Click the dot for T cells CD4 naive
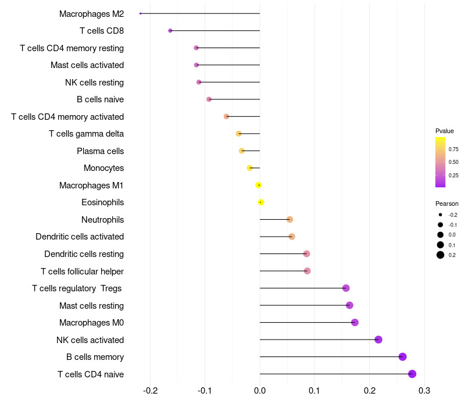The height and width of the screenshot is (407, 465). tap(412, 374)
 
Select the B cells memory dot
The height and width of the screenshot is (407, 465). tap(402, 357)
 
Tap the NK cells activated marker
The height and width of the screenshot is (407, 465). tap(378, 340)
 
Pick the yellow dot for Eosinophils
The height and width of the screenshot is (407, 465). tap(261, 202)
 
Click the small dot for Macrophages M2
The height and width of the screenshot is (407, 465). tap(141, 13)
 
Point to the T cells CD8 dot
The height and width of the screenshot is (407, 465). tap(170, 30)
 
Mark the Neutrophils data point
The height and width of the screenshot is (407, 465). tap(289, 219)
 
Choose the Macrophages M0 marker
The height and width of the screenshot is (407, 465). tap(355, 323)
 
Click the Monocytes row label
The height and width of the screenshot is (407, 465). tap(103, 168)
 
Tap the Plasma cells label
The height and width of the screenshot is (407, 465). tap(100, 151)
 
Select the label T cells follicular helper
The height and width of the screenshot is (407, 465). tap(82, 271)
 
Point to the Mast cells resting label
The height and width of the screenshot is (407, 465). tap(91, 305)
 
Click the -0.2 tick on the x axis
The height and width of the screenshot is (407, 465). tap(151, 390)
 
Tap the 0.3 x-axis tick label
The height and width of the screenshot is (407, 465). tap(424, 390)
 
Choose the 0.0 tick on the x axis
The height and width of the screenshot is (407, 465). tap(260, 390)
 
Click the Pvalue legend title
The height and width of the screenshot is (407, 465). tap(445, 131)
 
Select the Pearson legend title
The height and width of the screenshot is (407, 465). tap(447, 203)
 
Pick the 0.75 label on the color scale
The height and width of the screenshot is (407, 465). tap(453, 149)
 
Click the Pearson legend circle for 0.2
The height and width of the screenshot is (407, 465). tap(441, 255)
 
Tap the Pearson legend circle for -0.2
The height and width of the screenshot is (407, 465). tap(441, 215)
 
